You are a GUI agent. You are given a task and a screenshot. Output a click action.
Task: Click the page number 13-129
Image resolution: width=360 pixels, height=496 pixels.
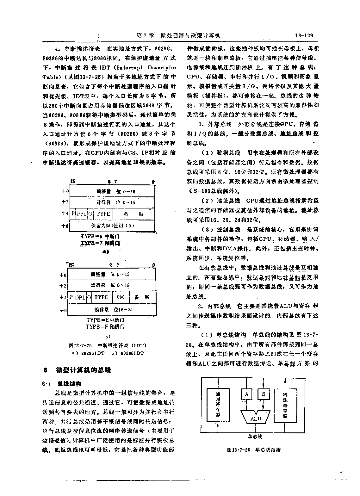(304, 35)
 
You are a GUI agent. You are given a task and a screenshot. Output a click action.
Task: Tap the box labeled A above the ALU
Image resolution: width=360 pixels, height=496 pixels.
(247, 394)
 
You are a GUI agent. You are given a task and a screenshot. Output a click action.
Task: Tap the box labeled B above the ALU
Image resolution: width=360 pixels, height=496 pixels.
(263, 394)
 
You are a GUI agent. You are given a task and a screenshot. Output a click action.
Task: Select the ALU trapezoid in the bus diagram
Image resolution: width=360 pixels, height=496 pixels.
(256, 418)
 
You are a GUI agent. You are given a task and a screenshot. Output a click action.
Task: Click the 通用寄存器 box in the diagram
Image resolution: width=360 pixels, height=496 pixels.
(218, 405)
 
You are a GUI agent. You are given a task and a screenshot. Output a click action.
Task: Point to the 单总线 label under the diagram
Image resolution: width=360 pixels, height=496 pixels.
(255, 437)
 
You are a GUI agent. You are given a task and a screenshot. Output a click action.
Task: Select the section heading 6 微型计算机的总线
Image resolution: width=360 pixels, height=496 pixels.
(77, 370)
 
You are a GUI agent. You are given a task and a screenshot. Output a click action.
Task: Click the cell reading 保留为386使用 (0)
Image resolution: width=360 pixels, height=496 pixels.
(113, 226)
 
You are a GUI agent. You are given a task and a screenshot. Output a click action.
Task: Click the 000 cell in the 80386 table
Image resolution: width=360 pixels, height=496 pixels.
(121, 297)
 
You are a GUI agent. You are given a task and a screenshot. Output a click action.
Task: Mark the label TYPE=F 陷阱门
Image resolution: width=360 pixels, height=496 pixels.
(105, 326)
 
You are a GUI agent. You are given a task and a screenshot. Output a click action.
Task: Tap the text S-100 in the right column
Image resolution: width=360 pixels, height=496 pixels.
(197, 191)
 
